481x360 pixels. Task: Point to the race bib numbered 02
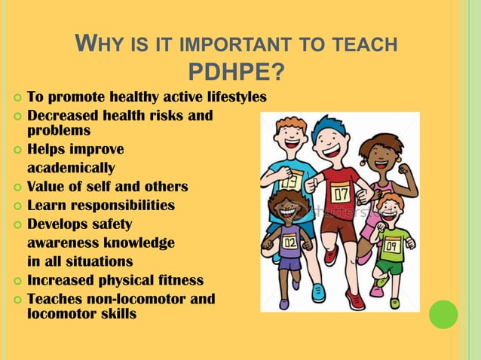point(290,243)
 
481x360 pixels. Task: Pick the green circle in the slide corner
point(443,314)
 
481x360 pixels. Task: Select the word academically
point(71,167)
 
